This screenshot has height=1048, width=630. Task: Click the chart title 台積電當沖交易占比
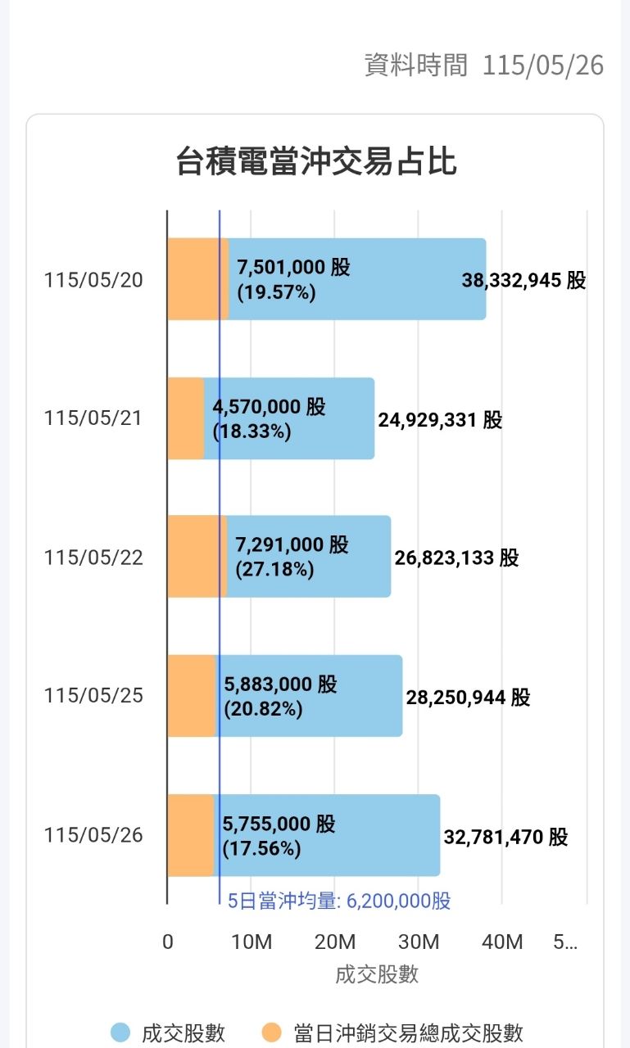tap(316, 162)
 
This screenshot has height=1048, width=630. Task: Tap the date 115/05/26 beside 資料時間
tap(543, 65)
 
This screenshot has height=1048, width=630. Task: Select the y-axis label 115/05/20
tap(93, 280)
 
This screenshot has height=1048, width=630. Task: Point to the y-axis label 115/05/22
tap(93, 558)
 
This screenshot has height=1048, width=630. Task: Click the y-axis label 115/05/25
tap(93, 695)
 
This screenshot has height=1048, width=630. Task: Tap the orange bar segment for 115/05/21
tap(186, 418)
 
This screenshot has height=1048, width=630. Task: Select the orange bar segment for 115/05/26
tap(191, 835)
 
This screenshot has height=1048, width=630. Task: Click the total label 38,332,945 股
tap(523, 280)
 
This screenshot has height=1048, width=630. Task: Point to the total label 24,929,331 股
tap(440, 420)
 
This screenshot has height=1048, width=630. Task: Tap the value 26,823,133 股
tap(456, 558)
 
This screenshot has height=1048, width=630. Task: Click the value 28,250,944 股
tap(468, 697)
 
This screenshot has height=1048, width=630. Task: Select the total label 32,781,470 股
tap(505, 837)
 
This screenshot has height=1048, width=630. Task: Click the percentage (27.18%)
tap(274, 569)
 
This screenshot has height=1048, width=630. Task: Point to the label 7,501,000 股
tap(293, 267)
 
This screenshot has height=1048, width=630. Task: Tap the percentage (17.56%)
tap(261, 848)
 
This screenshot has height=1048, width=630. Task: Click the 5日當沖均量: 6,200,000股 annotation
tap(339, 901)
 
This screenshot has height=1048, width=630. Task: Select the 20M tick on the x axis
tap(334, 942)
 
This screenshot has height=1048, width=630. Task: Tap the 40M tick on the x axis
tap(502, 942)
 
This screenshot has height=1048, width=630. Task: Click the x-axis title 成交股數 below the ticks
tap(377, 975)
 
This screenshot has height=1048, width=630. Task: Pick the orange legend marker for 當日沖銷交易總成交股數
tap(271, 1032)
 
